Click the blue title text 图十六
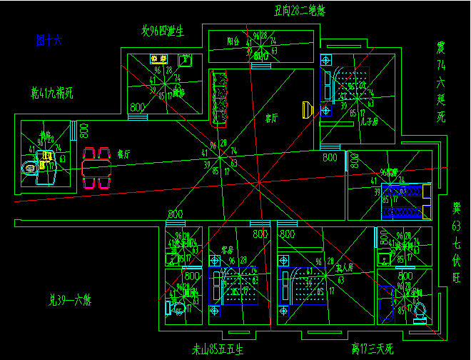[49, 41]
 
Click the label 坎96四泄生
[163, 31]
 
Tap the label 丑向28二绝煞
[300, 10]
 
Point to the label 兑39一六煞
[70, 299]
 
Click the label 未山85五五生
[218, 350]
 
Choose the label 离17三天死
[372, 349]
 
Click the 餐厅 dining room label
[123, 153]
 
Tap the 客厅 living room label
[271, 116]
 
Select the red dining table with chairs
[98, 168]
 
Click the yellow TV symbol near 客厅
[308, 109]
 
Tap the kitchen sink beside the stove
[185, 59]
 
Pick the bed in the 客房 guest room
[235, 287]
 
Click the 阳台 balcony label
[233, 41]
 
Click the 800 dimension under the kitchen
[136, 107]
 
